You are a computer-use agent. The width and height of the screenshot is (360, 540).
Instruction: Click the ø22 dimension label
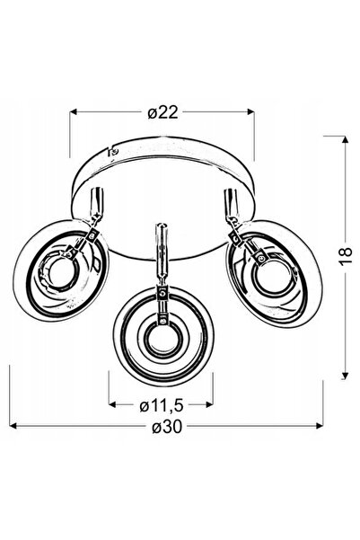[x=162, y=112]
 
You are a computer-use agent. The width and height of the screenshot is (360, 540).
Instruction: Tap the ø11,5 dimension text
[x=161, y=406]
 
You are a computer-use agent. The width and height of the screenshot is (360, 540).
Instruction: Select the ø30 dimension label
[x=167, y=427]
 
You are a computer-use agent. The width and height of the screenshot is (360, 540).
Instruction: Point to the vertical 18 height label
[x=346, y=255]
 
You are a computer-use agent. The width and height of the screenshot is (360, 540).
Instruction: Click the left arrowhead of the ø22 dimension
[x=74, y=111]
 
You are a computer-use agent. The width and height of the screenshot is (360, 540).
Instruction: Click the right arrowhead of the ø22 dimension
[x=250, y=111]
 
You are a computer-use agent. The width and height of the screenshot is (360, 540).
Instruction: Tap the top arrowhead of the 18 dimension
[x=346, y=140]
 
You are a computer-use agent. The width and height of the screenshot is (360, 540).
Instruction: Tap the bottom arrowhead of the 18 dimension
[x=346, y=376]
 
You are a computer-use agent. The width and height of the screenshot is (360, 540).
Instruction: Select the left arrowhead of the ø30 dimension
[x=13, y=426]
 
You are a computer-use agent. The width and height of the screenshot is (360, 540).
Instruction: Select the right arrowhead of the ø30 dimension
[x=320, y=426]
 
